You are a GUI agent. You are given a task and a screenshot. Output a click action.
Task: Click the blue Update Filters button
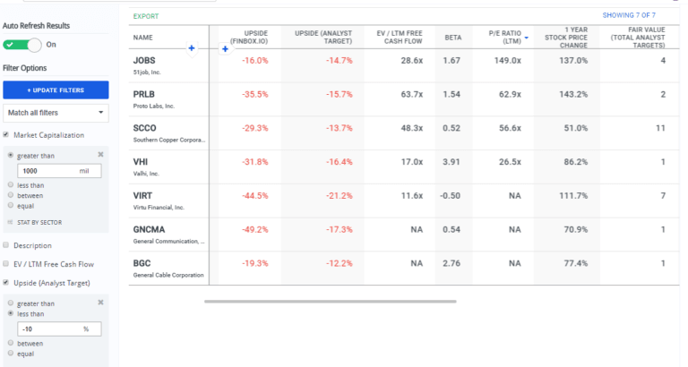pyautogui.click(x=56, y=90)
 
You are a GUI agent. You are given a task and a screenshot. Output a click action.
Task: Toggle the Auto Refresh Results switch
pyautogui.click(x=27, y=44)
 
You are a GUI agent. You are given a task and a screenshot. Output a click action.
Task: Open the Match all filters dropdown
pyautogui.click(x=56, y=113)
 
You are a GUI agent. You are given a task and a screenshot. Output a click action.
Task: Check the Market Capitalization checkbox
pyautogui.click(x=7, y=135)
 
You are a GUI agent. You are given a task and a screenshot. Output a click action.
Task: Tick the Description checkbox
pyautogui.click(x=7, y=245)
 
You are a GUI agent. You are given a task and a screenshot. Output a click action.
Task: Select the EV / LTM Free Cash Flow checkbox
pyautogui.click(x=7, y=264)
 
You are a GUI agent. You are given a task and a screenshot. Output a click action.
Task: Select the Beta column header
pyautogui.click(x=452, y=38)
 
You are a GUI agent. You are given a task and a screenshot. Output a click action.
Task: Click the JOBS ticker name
pyautogui.click(x=144, y=60)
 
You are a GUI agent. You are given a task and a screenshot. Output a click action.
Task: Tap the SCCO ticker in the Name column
pyautogui.click(x=145, y=128)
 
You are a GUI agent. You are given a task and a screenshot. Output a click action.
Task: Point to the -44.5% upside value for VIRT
pyautogui.click(x=255, y=195)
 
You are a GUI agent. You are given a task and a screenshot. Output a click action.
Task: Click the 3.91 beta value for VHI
pyautogui.click(x=451, y=162)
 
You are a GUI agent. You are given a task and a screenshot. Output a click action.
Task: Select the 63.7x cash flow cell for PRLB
pyautogui.click(x=411, y=94)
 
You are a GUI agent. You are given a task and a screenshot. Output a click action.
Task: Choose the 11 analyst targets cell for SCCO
pyautogui.click(x=659, y=128)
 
